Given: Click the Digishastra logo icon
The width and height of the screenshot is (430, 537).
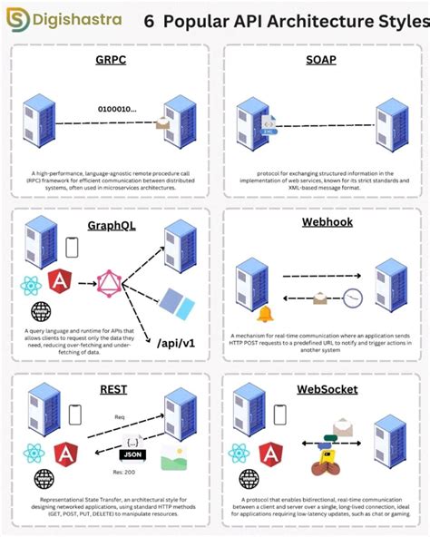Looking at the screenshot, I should [x=17, y=20].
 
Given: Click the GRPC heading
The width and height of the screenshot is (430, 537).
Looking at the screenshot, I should [x=110, y=60].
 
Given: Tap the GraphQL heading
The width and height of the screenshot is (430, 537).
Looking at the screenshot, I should [x=111, y=225].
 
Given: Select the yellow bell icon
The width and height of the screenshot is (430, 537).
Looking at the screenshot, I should [x=265, y=316].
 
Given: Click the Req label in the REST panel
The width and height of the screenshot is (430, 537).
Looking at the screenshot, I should [x=119, y=418].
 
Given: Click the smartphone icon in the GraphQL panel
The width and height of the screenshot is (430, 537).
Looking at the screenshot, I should [x=73, y=247].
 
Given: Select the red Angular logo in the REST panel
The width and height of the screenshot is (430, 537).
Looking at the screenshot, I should [x=64, y=453].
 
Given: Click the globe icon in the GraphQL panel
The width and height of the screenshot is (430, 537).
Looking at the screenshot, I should [x=40, y=311].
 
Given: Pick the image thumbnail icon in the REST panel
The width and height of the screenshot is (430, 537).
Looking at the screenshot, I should [x=173, y=458].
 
